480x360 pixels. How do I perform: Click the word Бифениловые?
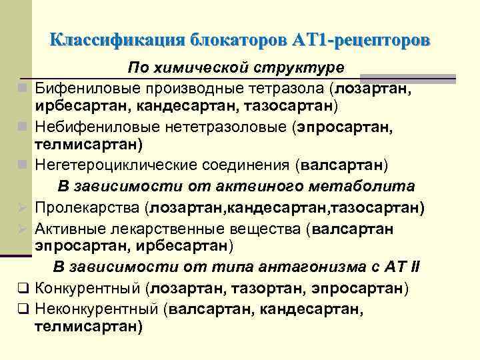[x=82, y=87]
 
